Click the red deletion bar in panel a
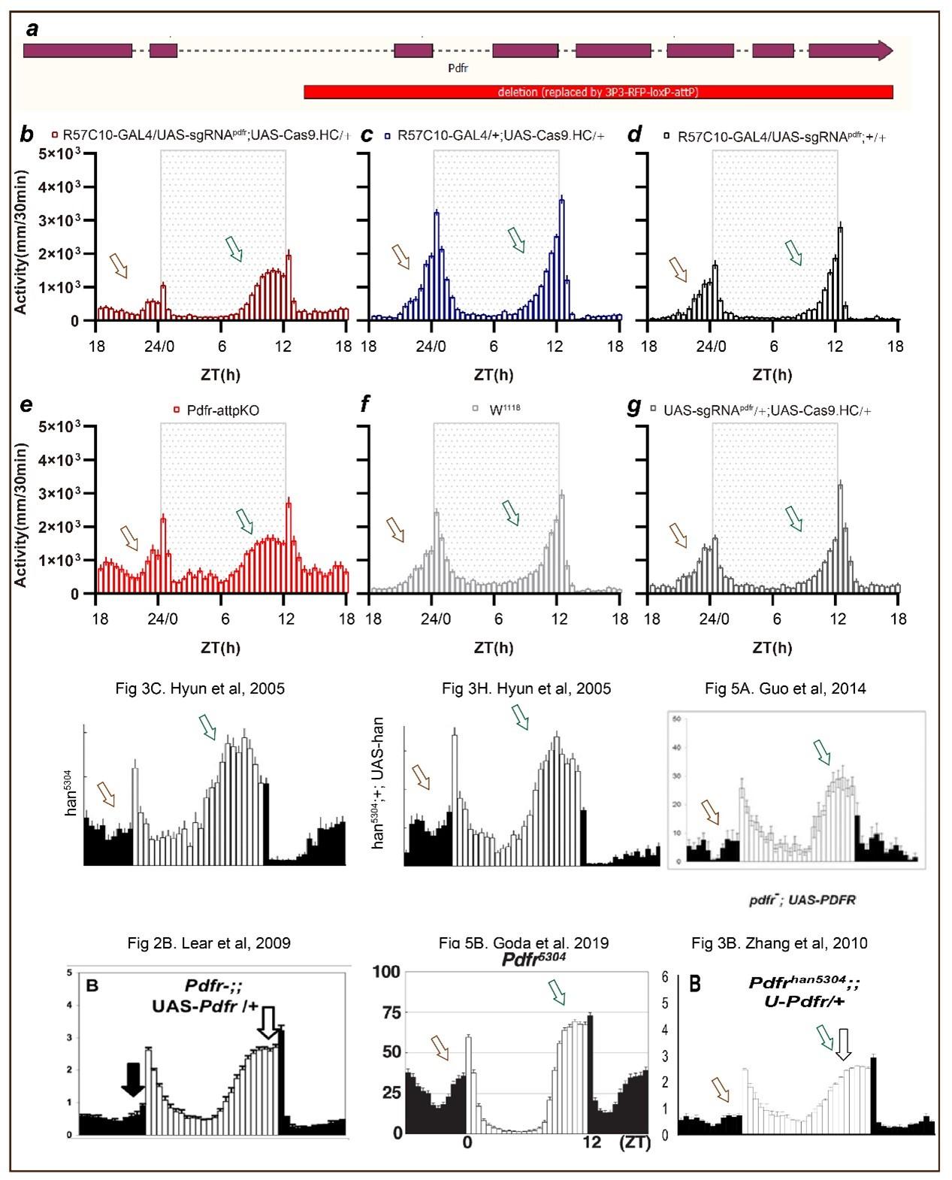(598, 92)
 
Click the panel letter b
(27, 136)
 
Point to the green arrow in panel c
(515, 239)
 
